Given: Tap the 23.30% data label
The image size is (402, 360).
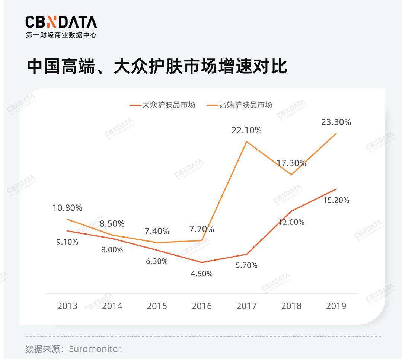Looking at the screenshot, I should pyautogui.click(x=336, y=122).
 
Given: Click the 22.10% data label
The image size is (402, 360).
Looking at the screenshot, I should pyautogui.click(x=246, y=130).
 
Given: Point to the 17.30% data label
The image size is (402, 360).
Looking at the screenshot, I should pyautogui.click(x=291, y=163).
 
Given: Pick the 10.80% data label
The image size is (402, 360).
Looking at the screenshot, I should pyautogui.click(x=67, y=208).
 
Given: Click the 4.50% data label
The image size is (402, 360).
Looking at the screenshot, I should pyautogui.click(x=201, y=274).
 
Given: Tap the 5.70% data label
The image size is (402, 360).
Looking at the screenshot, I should pyautogui.click(x=246, y=265).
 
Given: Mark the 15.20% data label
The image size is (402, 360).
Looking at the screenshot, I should pyautogui.click(x=336, y=200).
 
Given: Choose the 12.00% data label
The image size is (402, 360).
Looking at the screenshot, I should pyautogui.click(x=291, y=222).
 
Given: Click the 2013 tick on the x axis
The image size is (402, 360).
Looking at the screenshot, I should pyautogui.click(x=67, y=306).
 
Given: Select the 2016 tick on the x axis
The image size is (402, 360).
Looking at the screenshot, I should pyautogui.click(x=201, y=306).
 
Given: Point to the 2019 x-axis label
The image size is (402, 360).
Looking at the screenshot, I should pyautogui.click(x=336, y=306).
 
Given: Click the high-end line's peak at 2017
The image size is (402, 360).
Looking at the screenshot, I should pyautogui.click(x=246, y=141).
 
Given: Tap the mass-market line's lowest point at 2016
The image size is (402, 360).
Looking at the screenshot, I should pyautogui.click(x=201, y=262).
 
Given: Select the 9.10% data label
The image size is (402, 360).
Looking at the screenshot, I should pyautogui.click(x=67, y=242).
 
